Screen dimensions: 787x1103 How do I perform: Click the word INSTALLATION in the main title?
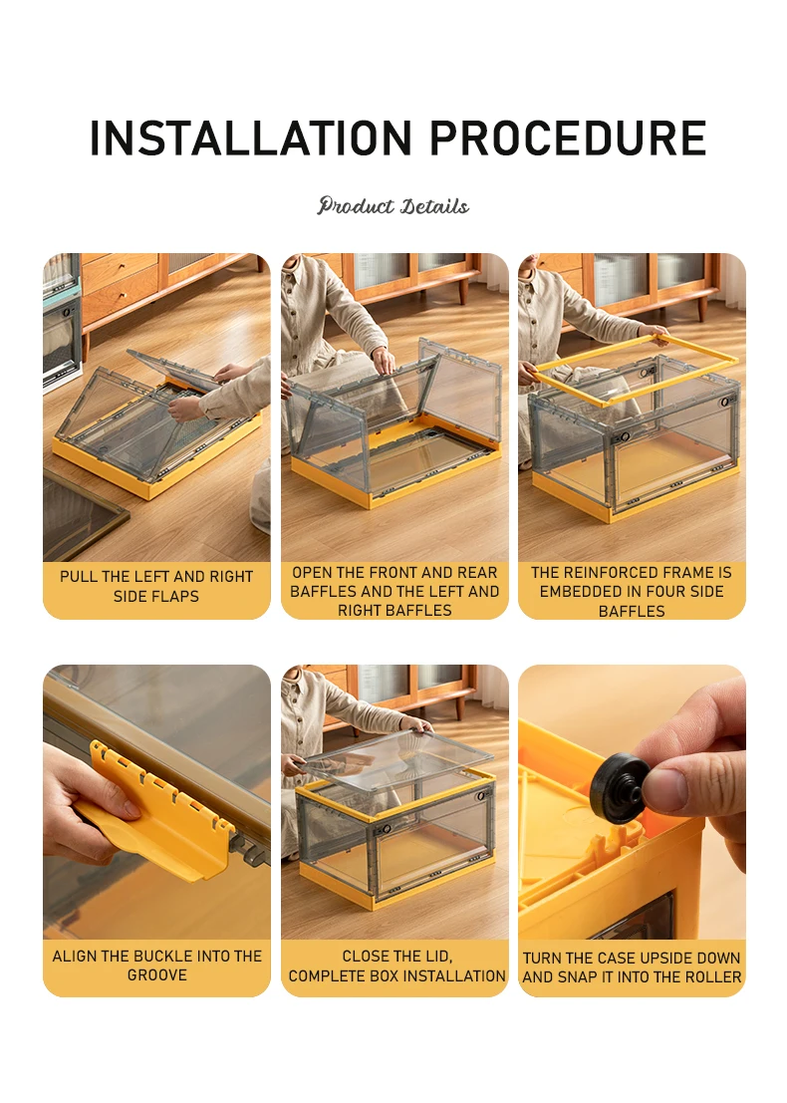(250, 138)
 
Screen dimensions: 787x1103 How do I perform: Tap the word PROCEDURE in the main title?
(568, 138)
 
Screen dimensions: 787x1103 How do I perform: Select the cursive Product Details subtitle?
(393, 206)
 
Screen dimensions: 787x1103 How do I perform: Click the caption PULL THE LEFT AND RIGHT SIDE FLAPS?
(156, 586)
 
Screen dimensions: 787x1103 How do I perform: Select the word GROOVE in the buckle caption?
(156, 975)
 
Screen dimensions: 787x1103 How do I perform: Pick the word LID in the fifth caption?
(437, 957)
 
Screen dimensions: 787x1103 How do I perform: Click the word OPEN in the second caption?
(312, 573)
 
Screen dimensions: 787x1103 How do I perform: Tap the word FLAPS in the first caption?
(178, 597)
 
